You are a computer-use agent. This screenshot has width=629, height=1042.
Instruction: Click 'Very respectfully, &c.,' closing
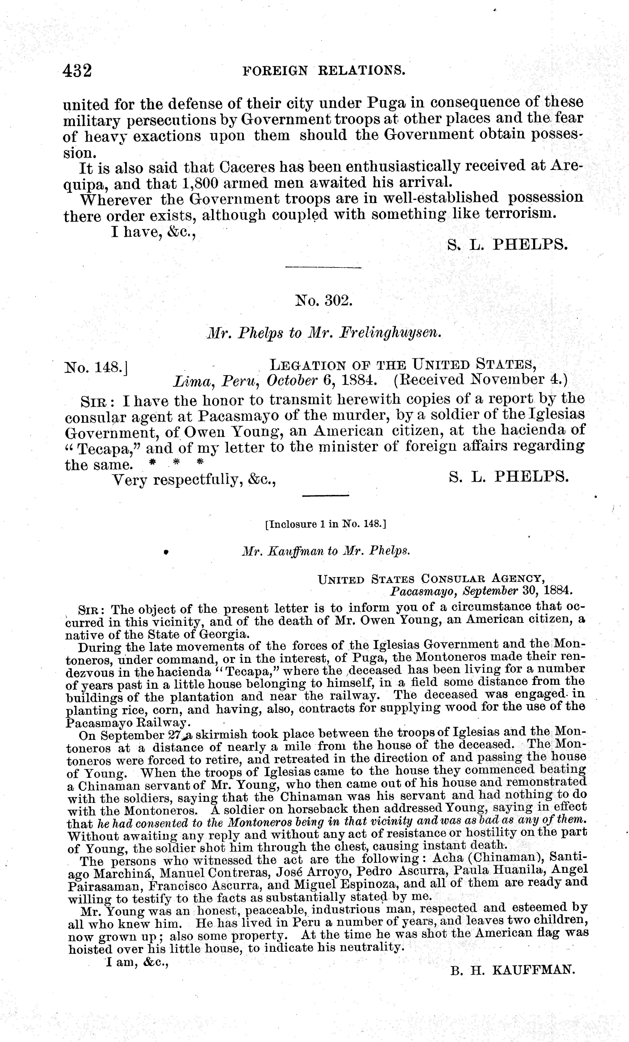pos(194,480)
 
